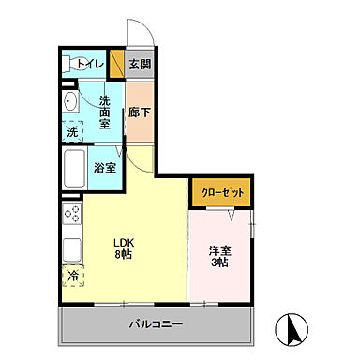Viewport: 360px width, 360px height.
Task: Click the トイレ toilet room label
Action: [x=91, y=64]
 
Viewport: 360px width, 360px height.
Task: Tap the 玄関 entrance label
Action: [x=140, y=64]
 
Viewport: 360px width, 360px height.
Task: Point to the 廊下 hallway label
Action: [x=140, y=108]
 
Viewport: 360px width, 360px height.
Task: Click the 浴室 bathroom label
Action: [x=105, y=168]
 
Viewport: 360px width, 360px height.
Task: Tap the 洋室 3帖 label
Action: [x=221, y=256]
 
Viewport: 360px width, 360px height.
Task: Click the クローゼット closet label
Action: [x=222, y=192]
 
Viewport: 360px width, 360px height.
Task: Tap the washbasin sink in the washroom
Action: [x=70, y=102]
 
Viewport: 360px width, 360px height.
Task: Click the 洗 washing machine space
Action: [x=72, y=132]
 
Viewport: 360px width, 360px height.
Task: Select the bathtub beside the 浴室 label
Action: [x=75, y=169]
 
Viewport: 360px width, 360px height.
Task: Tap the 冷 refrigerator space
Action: [x=73, y=277]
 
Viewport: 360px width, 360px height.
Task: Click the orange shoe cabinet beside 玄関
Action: [x=117, y=64]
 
